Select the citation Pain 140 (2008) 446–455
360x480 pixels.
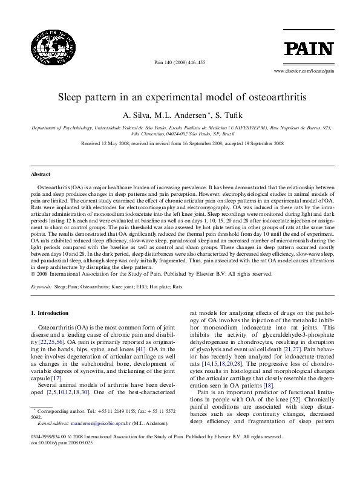pos(180,62)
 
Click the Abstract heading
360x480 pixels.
pos(41,174)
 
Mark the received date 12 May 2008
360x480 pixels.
pos(119,144)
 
